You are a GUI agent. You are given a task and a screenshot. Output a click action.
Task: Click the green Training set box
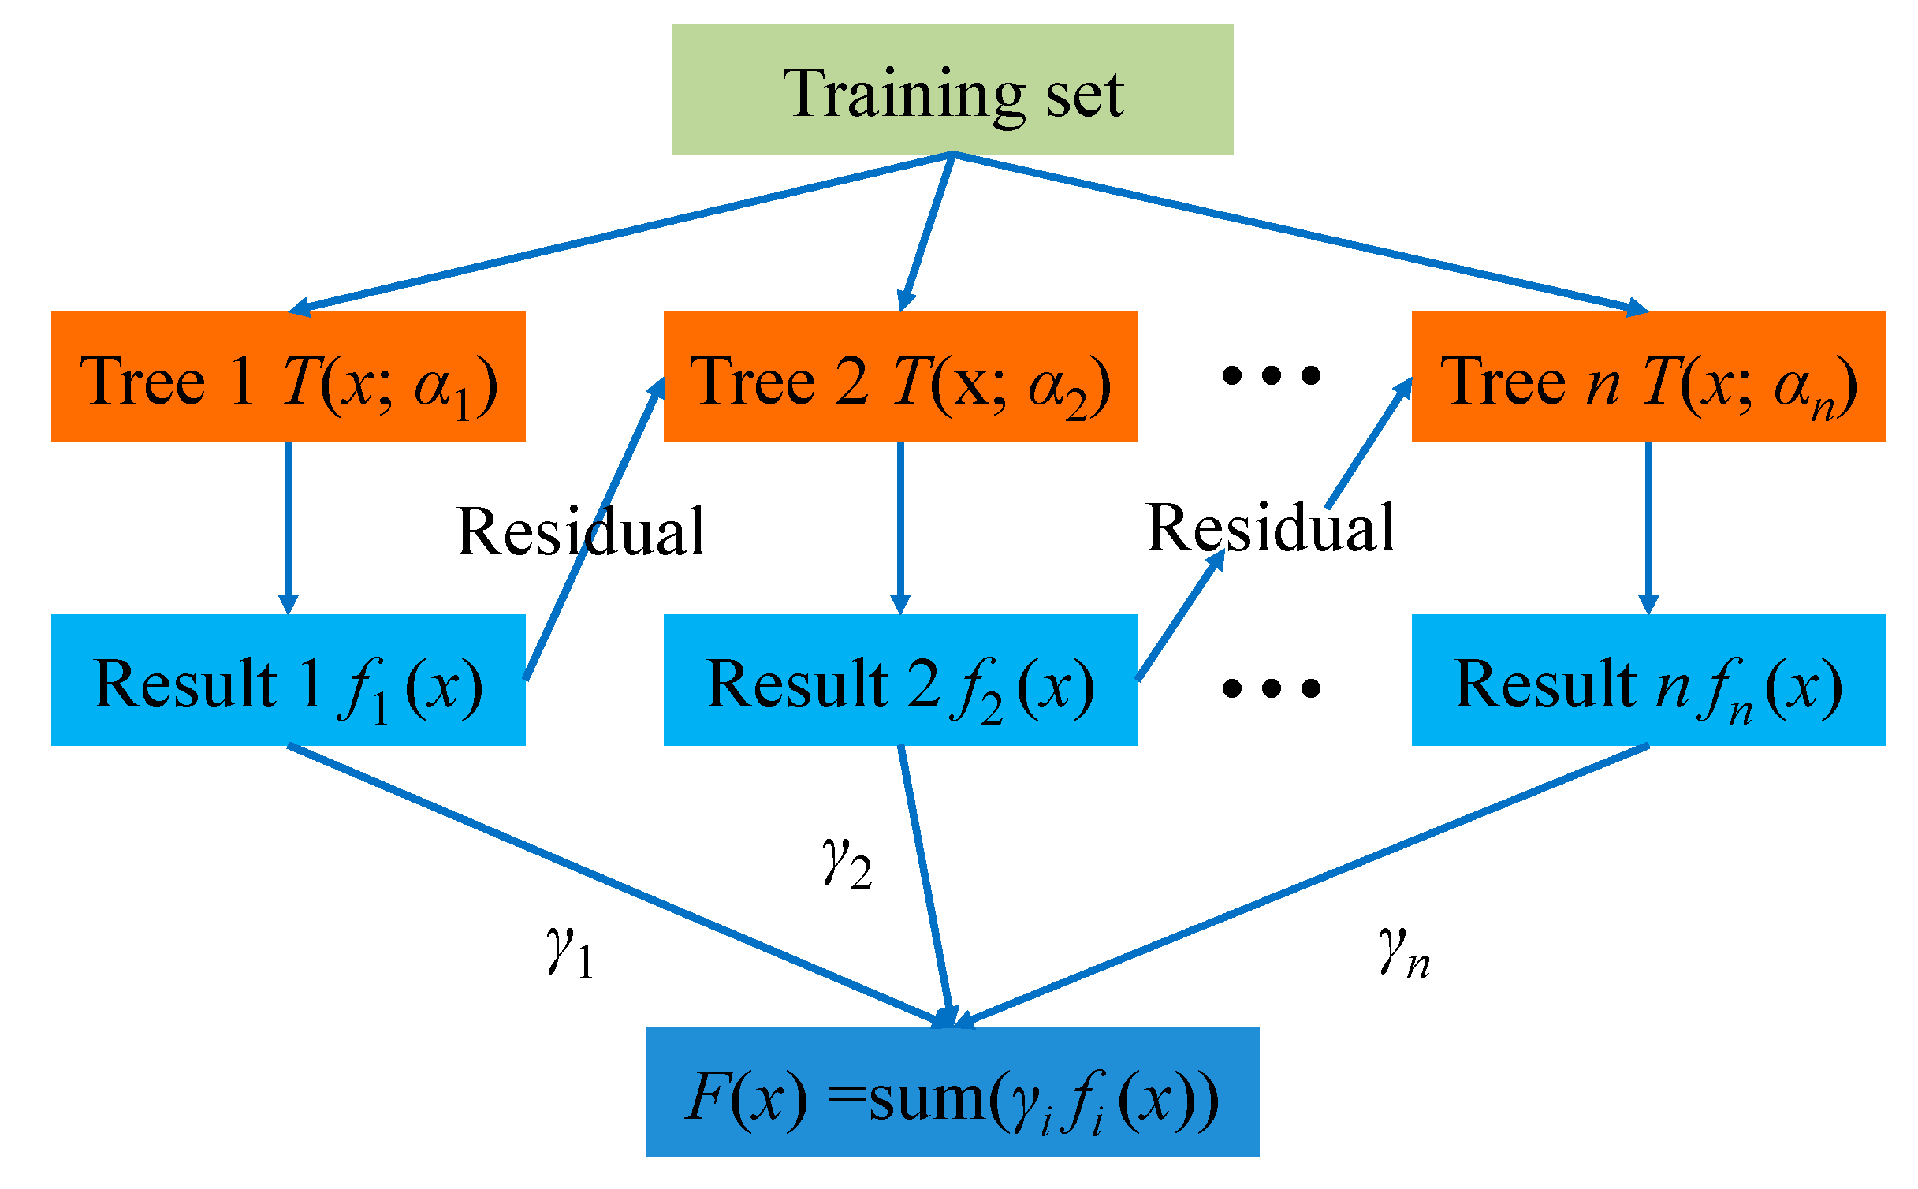(952, 89)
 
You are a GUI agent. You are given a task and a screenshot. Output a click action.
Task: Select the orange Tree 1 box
(288, 377)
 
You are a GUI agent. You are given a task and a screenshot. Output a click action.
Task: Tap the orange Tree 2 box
(899, 377)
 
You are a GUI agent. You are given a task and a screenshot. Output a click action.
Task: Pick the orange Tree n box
(1648, 377)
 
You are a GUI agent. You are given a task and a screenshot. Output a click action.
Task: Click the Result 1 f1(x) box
(288, 680)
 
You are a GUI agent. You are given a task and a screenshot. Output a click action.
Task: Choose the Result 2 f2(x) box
(899, 680)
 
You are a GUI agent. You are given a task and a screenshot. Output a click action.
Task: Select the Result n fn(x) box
(1648, 680)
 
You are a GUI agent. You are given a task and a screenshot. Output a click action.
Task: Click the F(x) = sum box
(952, 1092)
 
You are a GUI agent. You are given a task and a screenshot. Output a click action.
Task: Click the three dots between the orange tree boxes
(1271, 375)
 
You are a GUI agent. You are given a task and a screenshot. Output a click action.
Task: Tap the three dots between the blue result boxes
(1271, 688)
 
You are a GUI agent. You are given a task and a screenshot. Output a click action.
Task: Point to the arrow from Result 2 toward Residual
(1179, 615)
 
